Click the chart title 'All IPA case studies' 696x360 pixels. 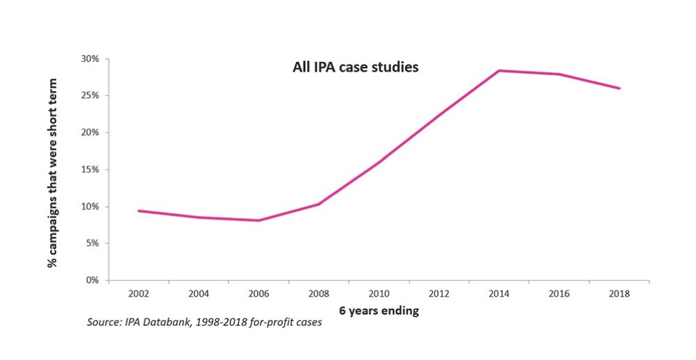354,68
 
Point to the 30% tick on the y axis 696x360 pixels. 91,58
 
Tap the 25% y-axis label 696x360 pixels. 91,95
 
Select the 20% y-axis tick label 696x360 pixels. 91,132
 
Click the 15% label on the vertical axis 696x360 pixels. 91,170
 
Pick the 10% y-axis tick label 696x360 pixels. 91,206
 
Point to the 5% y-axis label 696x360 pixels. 93,243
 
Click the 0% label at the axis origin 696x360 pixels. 93,280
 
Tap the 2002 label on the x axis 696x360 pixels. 139,294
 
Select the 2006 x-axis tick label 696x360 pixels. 259,294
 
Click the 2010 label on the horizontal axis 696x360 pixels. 379,294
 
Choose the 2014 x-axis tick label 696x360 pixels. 499,294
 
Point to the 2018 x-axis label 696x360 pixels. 619,294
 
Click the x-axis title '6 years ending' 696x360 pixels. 379,311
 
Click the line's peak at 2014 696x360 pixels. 499,70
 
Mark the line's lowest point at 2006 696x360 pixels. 259,220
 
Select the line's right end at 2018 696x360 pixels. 619,88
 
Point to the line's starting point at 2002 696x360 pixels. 139,211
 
